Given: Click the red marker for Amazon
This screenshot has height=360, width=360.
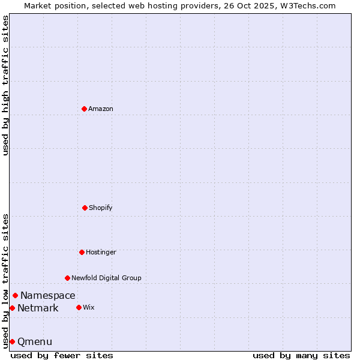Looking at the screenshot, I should [84, 109].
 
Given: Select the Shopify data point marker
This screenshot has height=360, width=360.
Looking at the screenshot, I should [85, 208].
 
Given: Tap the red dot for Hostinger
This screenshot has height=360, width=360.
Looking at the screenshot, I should [82, 252].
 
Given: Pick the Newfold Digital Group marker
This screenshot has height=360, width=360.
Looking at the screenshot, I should [67, 278].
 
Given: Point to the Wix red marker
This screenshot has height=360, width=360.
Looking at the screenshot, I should [79, 307].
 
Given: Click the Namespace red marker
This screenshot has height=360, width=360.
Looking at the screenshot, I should [15, 295].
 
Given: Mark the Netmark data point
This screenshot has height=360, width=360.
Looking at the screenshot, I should [12, 308].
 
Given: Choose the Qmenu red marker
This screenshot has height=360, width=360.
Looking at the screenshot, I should [12, 341].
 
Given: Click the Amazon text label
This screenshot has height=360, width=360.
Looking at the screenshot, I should [101, 109].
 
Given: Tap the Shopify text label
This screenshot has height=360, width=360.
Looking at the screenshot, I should [101, 208].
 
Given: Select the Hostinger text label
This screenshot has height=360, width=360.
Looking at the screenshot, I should [101, 253].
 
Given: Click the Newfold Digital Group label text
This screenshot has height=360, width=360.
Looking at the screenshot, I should [106, 278].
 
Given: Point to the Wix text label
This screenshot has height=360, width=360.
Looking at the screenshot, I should [89, 308].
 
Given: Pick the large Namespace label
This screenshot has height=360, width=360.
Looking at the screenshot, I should [48, 295].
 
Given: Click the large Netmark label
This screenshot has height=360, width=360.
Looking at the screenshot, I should [38, 308].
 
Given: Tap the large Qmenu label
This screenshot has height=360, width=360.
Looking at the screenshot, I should [35, 342].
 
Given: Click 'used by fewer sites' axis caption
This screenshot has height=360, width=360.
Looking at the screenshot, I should [62, 355].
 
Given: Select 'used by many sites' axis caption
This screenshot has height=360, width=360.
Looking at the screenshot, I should [301, 355].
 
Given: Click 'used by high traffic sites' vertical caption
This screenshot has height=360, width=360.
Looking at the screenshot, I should [5, 85].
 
